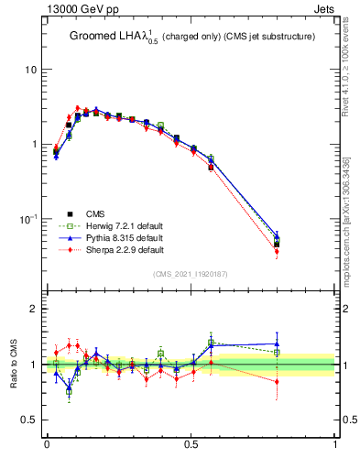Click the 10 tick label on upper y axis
(31, 70)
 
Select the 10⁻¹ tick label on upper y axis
(29, 219)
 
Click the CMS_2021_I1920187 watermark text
(190, 274)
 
